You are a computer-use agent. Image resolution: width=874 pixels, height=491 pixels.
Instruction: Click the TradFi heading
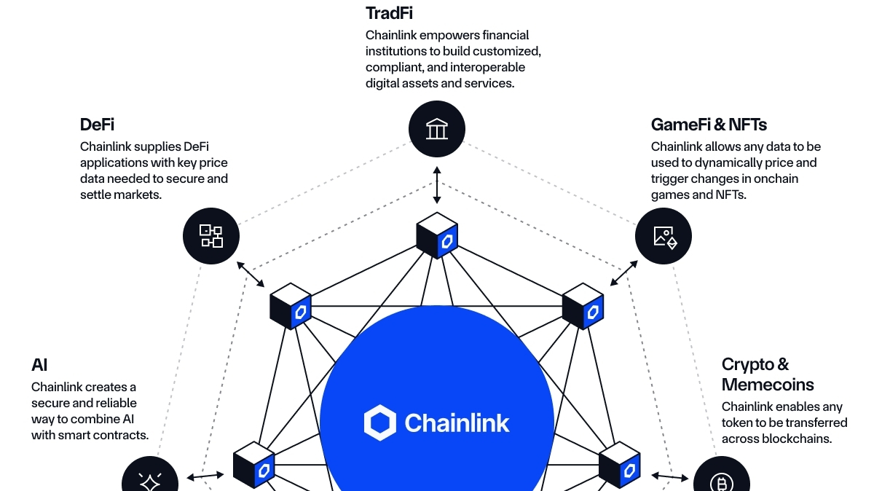point(390,13)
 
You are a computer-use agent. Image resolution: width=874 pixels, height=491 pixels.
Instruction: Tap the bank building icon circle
point(436,130)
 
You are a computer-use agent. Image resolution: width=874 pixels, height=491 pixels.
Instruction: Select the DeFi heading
point(97,125)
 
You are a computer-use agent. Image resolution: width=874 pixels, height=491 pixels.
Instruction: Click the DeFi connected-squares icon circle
point(210,235)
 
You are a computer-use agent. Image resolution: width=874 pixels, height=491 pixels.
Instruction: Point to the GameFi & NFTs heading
point(709,125)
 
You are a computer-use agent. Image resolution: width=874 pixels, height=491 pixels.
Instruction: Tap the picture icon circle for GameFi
point(664,236)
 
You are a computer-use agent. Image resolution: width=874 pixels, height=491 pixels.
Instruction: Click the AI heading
point(39,365)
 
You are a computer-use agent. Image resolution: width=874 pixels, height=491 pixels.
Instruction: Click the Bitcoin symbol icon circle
point(721,481)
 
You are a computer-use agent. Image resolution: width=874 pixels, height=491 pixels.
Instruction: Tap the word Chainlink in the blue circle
point(457,423)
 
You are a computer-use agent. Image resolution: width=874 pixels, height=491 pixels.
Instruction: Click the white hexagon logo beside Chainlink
point(379,423)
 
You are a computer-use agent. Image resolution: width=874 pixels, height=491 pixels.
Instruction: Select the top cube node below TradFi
point(437,235)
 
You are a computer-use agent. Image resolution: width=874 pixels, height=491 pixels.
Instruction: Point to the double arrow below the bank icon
point(437,185)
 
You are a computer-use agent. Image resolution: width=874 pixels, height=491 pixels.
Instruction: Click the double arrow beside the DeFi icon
point(251,273)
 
